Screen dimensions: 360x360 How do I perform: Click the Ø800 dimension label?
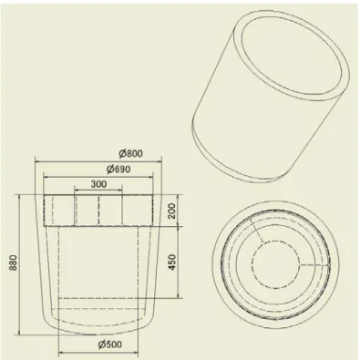pyautogui.click(x=130, y=153)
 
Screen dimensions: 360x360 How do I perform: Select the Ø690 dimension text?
pyautogui.click(x=118, y=169)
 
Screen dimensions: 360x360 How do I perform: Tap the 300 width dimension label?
pyautogui.click(x=98, y=184)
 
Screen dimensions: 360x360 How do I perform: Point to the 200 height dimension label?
pyautogui.click(x=171, y=211)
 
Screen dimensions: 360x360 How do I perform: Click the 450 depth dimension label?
pyautogui.click(x=171, y=262)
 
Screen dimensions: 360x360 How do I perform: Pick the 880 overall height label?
pyautogui.click(x=15, y=262)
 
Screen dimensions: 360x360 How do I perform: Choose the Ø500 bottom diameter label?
pyautogui.click(x=110, y=345)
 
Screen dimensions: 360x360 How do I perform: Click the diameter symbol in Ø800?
pyautogui.click(x=122, y=154)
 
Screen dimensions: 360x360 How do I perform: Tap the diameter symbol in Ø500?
pyautogui.click(x=102, y=345)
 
